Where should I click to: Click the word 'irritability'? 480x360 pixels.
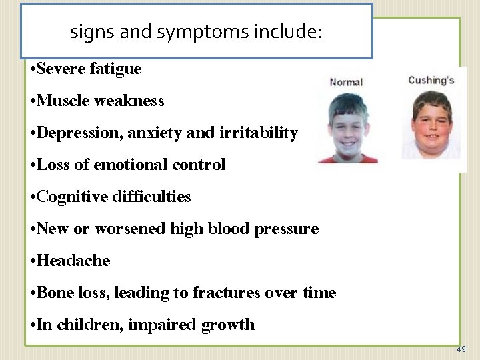pos(258,133)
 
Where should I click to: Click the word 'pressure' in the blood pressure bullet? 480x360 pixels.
pos(289,229)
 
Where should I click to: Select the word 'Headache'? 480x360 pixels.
pos(73,261)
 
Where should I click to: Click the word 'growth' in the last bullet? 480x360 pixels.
pos(229,325)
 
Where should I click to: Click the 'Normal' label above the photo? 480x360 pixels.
pos(346,82)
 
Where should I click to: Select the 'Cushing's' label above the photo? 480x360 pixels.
pos(431,80)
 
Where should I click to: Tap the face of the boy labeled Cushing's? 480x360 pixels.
pos(431,124)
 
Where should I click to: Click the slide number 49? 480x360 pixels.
pos(461,349)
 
